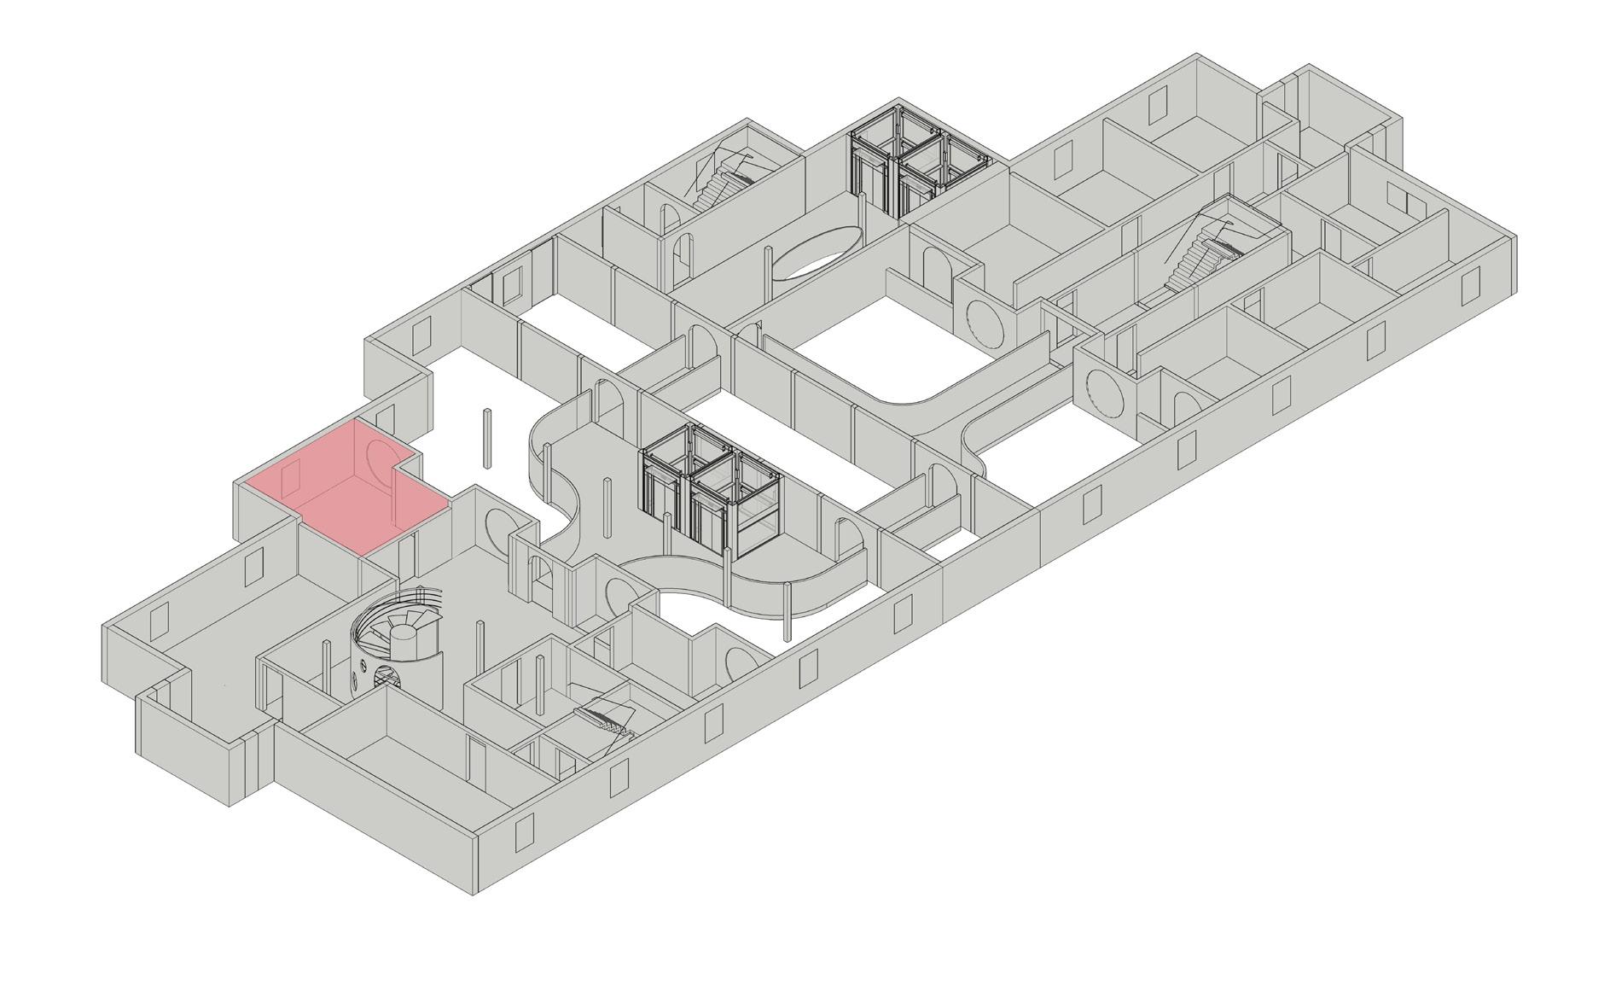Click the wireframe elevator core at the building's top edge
[917, 166]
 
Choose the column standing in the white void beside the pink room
[487, 439]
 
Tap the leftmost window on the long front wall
[521, 831]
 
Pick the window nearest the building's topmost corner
[1157, 106]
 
